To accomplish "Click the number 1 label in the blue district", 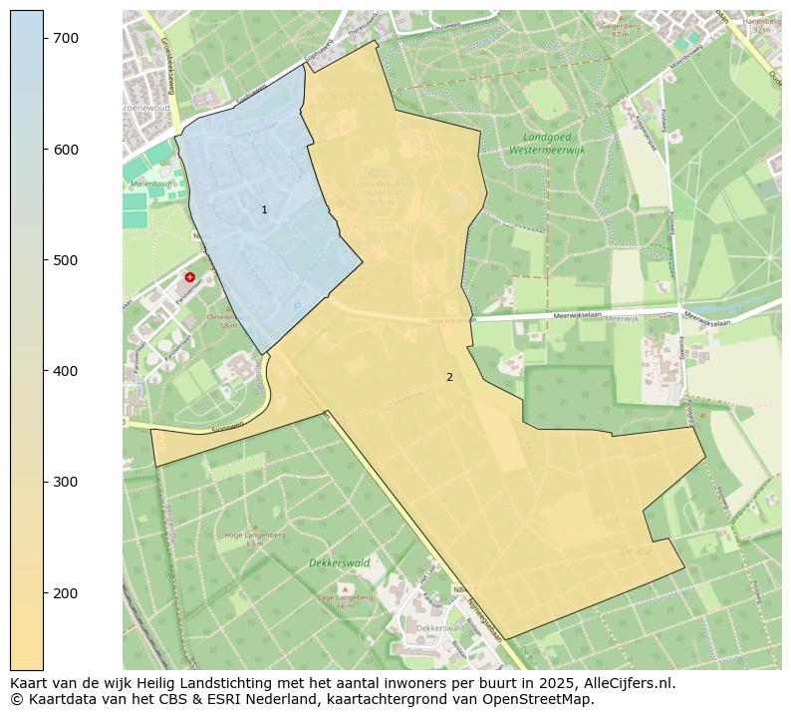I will click(264, 210).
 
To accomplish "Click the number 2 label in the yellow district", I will click(449, 377).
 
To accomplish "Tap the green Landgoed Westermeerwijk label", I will click(547, 143).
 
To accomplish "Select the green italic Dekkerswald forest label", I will click(340, 563).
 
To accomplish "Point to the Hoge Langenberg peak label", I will click(254, 537).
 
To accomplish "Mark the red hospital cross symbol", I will click(189, 277).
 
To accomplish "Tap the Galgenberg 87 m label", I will click(621, 29).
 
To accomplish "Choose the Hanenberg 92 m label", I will click(761, 25).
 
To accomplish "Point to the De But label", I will click(635, 550).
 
